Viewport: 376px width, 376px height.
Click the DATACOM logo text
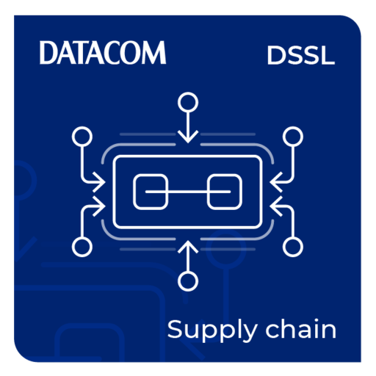[103, 52]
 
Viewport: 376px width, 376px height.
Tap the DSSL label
[301, 56]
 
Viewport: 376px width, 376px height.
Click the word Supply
[212, 330]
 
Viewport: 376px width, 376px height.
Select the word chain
[301, 328]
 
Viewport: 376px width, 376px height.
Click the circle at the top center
[188, 102]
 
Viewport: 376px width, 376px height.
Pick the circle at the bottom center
[188, 281]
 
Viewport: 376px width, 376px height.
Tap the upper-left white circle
[82, 137]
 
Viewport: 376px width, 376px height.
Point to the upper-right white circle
[293, 137]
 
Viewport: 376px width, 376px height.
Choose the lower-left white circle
[82, 247]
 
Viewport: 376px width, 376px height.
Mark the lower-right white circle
[293, 247]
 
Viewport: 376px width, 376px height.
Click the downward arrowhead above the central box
[188, 137]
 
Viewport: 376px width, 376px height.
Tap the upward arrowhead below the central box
[188, 246]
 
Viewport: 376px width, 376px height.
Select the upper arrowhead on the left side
[99, 182]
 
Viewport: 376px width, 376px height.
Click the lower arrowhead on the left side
[99, 206]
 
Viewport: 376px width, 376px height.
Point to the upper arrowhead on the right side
[276, 182]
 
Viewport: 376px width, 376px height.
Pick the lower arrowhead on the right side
[276, 206]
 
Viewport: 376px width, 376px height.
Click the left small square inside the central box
[151, 192]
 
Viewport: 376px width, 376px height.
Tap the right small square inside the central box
[225, 192]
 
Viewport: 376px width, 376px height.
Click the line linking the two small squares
[188, 192]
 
